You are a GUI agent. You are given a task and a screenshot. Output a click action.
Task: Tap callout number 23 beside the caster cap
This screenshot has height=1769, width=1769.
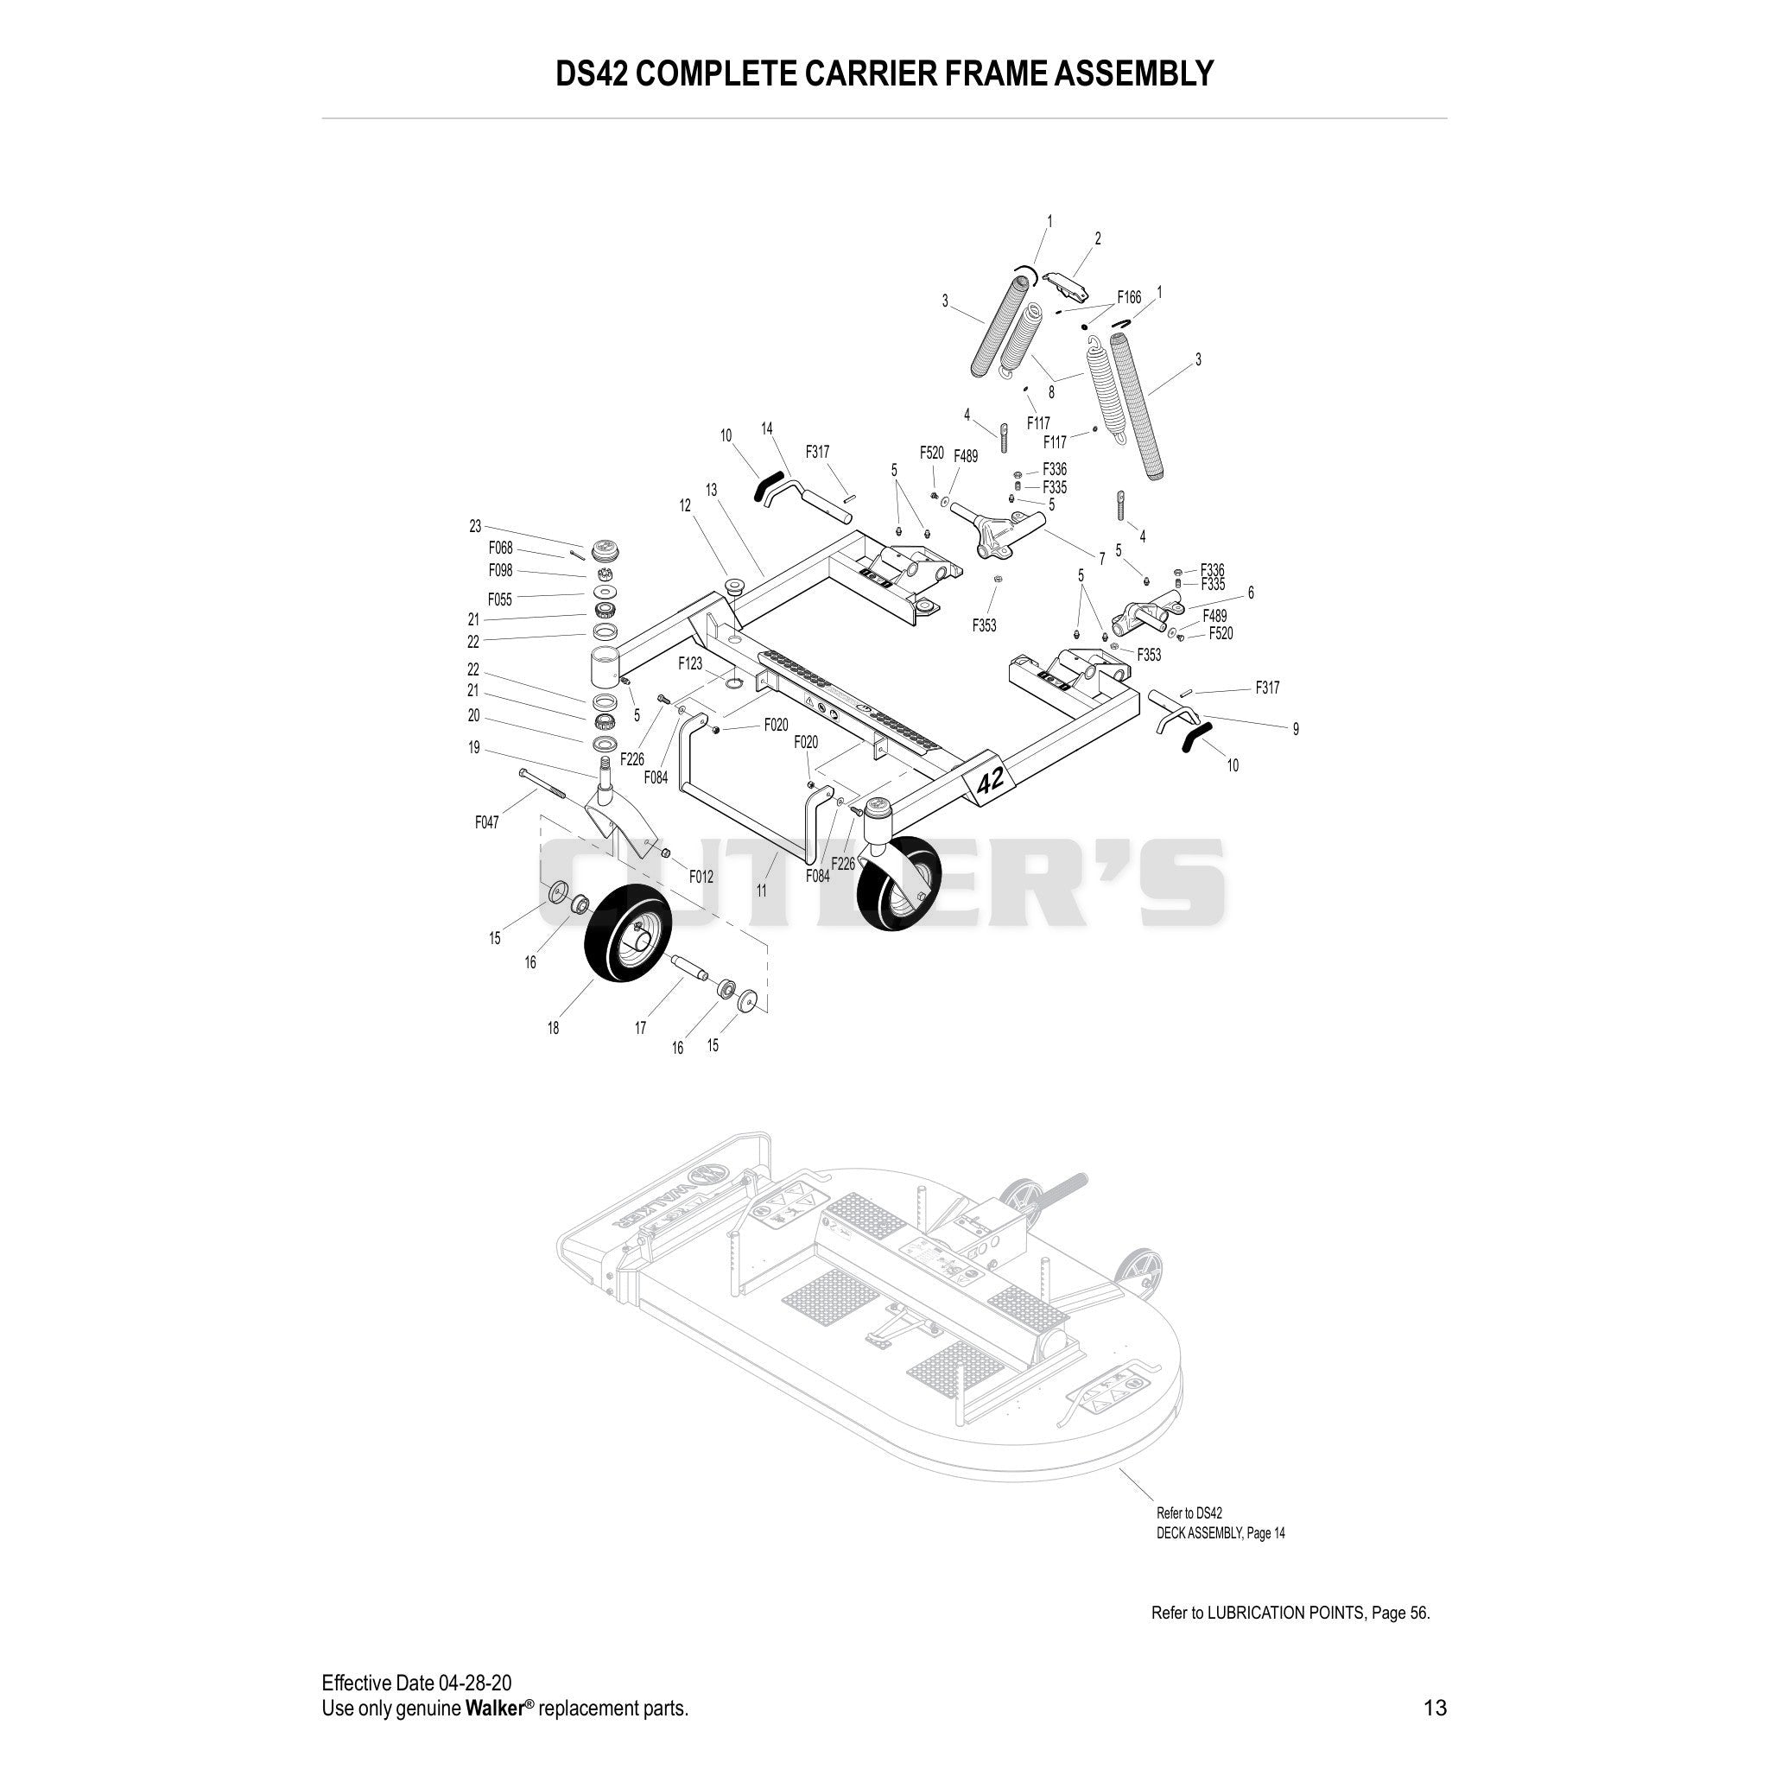click(x=475, y=527)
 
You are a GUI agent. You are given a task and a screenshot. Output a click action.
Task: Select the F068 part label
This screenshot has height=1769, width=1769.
click(x=501, y=548)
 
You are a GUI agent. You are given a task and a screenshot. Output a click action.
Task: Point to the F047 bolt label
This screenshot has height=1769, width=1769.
click(x=487, y=823)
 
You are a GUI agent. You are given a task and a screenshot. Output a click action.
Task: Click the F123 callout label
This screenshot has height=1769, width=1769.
click(x=690, y=663)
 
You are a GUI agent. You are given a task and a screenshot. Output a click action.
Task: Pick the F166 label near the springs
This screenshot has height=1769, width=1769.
click(x=1129, y=298)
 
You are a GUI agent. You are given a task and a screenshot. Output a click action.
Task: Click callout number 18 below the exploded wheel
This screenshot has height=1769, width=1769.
click(x=553, y=1028)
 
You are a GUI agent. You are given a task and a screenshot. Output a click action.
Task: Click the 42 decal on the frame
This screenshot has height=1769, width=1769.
click(x=991, y=779)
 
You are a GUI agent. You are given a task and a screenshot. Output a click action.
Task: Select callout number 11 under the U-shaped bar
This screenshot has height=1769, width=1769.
click(x=762, y=890)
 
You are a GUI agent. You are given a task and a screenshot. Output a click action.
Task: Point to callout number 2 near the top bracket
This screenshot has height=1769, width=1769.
click(x=1098, y=239)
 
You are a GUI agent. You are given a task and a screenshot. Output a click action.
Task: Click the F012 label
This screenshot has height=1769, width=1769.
click(x=701, y=876)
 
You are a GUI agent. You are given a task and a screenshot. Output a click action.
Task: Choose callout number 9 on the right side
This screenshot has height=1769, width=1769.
click(x=1296, y=730)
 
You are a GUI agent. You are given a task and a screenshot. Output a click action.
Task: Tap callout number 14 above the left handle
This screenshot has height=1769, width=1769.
click(x=766, y=428)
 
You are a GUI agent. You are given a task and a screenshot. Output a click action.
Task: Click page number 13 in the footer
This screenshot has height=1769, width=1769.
click(x=1436, y=1708)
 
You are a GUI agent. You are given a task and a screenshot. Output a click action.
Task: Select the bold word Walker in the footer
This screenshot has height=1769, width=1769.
click(x=493, y=1709)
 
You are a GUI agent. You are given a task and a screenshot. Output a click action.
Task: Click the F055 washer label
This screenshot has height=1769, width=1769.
click(x=500, y=599)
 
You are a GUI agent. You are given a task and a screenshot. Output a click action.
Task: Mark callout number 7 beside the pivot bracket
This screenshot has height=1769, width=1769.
click(x=1101, y=559)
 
